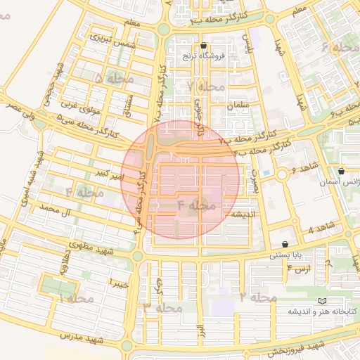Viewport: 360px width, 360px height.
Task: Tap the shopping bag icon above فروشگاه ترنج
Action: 203,44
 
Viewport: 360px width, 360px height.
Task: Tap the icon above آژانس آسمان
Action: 341,171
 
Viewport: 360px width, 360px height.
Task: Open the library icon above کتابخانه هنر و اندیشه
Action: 322,301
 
